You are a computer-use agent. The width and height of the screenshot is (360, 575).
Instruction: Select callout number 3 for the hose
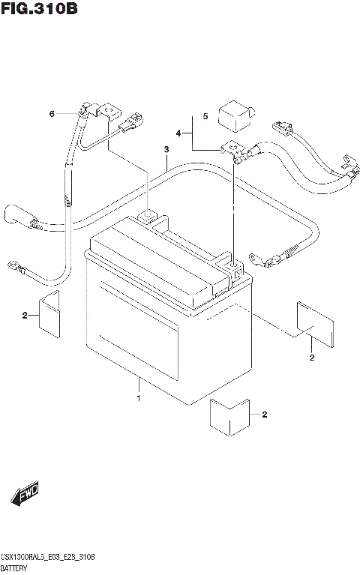pyautogui.click(x=166, y=151)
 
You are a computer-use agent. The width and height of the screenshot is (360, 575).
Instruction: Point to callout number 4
pyautogui.click(x=178, y=133)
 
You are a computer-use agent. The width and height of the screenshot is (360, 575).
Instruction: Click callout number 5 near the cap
pyautogui.click(x=203, y=117)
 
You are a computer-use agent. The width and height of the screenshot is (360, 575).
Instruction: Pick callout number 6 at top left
pyautogui.click(x=52, y=114)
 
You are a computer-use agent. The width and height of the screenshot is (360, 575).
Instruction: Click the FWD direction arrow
pyautogui.click(x=25, y=495)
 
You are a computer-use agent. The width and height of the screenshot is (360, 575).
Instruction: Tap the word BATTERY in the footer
pyautogui.click(x=16, y=569)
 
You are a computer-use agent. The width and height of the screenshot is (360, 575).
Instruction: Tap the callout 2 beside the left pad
pyautogui.click(x=25, y=316)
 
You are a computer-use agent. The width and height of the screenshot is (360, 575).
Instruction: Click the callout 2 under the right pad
pyautogui.click(x=311, y=358)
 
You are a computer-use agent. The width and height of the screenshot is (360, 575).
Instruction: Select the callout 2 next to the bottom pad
pyautogui.click(x=263, y=415)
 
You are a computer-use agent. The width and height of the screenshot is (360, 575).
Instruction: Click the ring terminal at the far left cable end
pyautogui.click(x=14, y=264)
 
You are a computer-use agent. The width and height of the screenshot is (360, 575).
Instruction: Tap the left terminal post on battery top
pyautogui.click(x=148, y=218)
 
